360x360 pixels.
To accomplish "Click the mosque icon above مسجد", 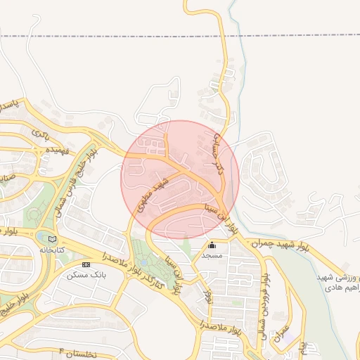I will [212, 245].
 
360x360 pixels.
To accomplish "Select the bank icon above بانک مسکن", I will [86, 264].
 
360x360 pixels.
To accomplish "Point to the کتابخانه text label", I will [51, 250].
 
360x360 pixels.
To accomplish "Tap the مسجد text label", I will [212, 255].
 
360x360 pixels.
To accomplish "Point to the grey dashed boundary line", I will [105, 34].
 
